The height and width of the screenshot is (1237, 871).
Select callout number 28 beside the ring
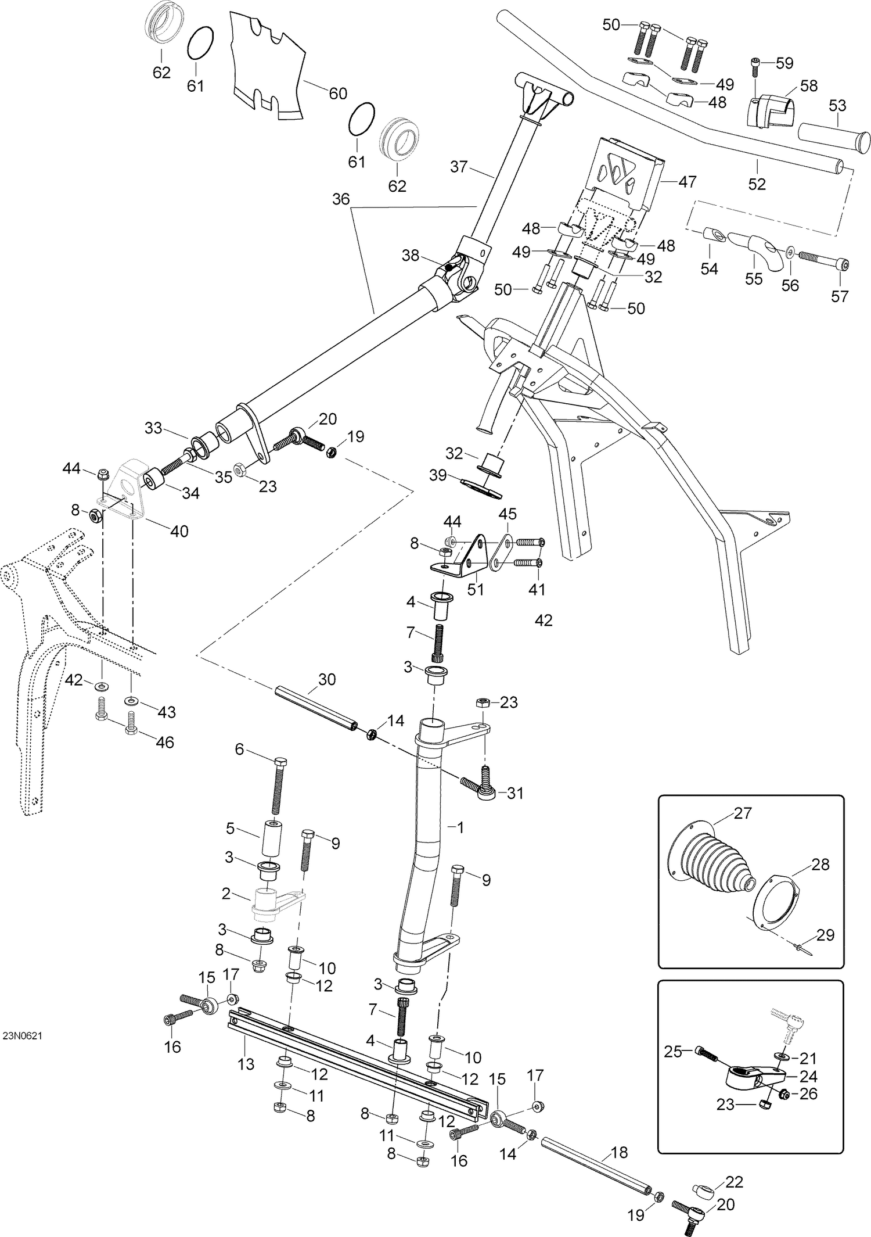(820, 864)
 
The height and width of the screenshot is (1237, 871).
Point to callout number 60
(338, 93)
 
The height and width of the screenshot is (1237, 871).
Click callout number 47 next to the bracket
(687, 182)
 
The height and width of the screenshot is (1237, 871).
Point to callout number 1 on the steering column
(460, 827)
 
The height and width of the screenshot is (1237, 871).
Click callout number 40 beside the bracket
(179, 531)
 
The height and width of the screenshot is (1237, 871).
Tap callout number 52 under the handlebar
(757, 184)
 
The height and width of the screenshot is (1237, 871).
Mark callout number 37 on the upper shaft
(459, 167)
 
